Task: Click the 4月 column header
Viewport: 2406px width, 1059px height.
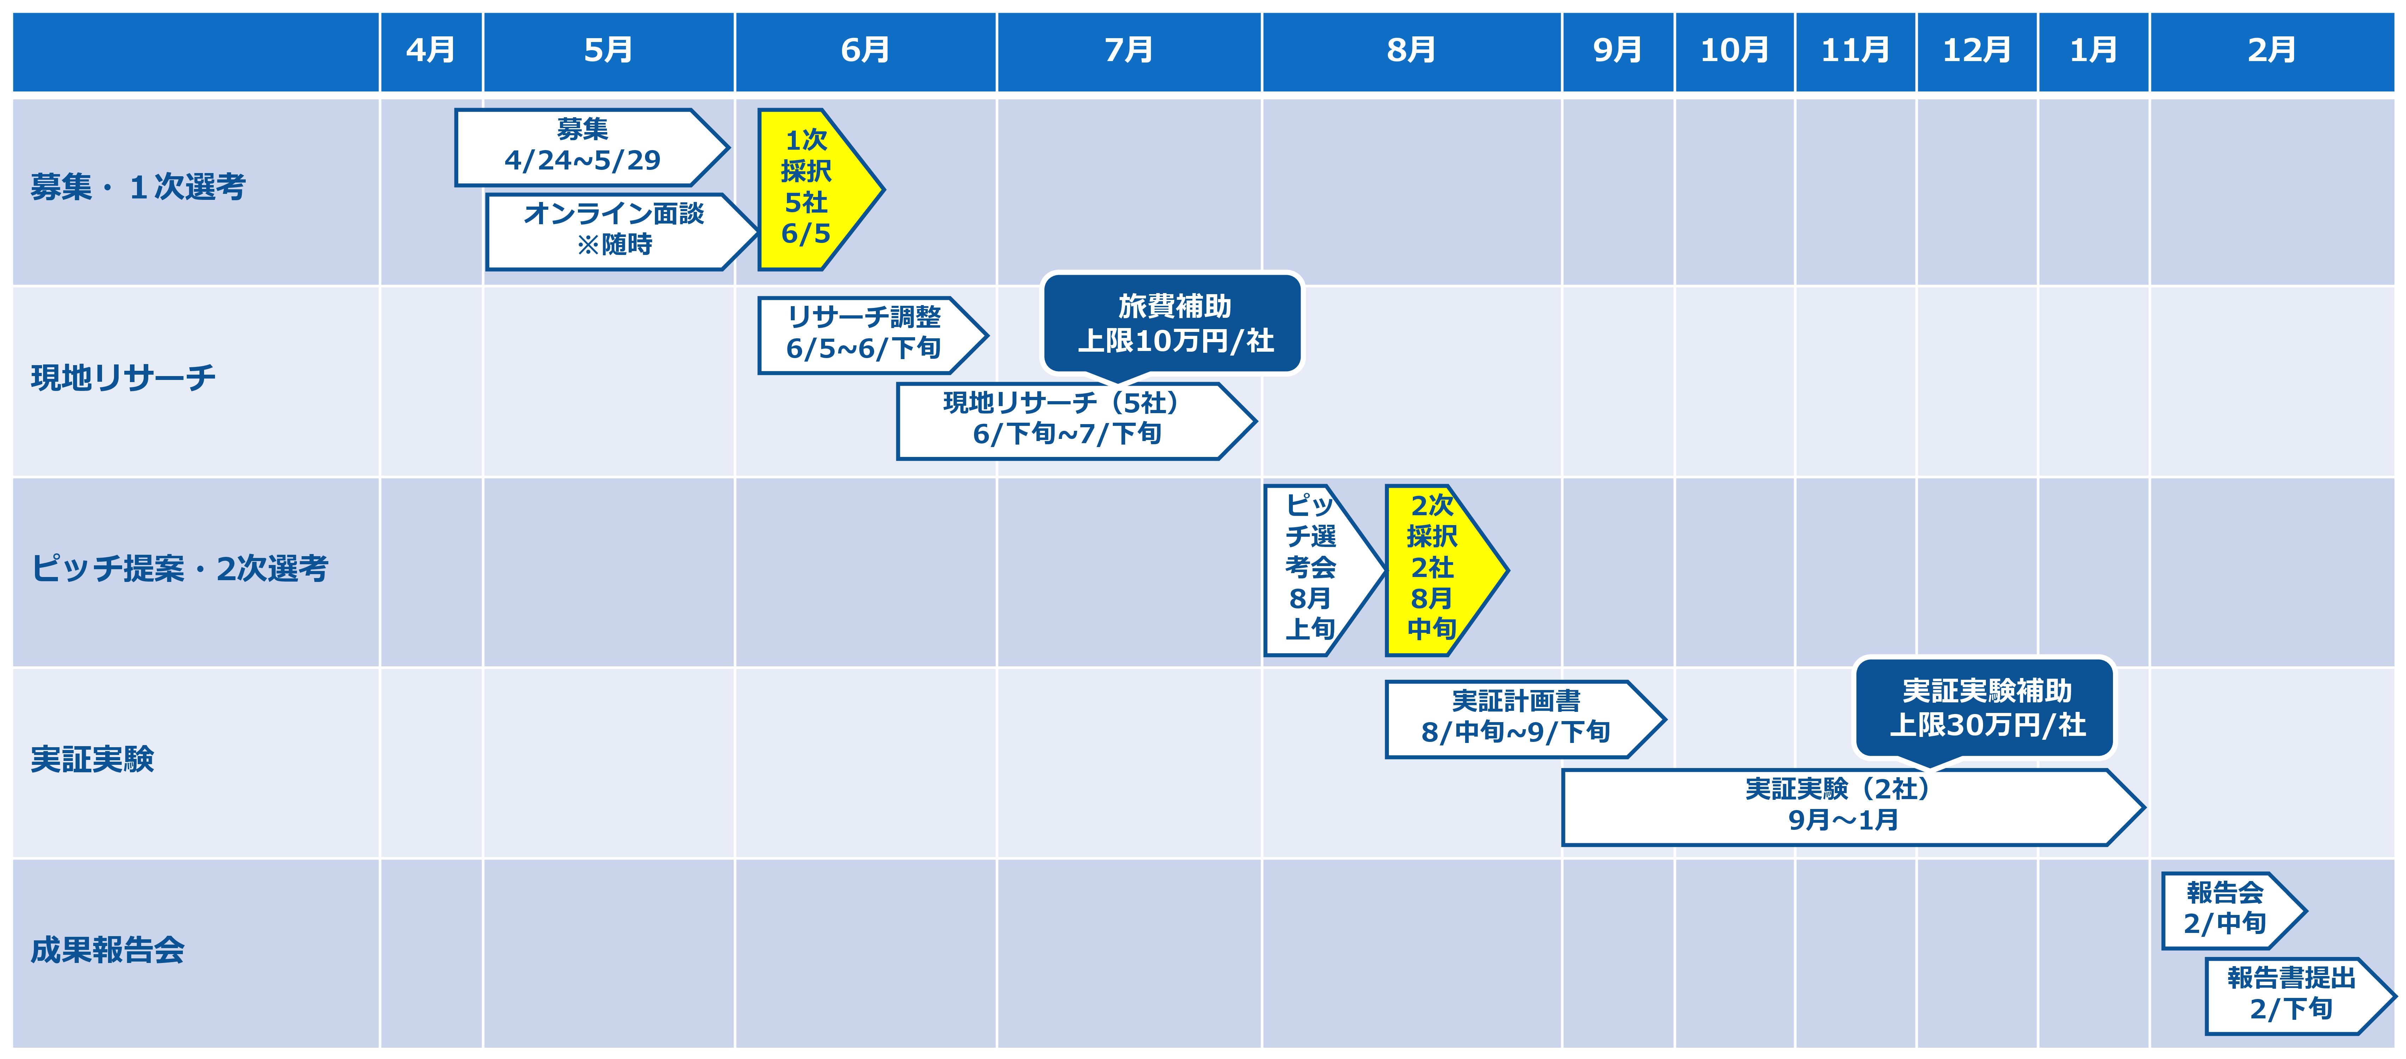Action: coord(431,50)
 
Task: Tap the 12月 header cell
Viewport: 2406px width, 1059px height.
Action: coord(1976,50)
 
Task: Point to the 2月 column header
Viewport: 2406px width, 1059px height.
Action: coord(2271,50)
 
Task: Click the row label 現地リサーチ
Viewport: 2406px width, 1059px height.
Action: coord(123,377)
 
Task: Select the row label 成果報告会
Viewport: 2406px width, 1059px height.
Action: coord(107,950)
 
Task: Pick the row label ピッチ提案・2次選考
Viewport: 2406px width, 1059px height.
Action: coord(179,568)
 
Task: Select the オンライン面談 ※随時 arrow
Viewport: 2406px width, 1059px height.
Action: coord(621,232)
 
